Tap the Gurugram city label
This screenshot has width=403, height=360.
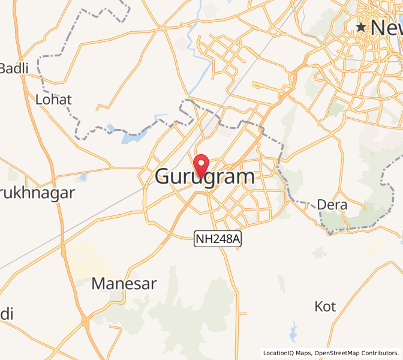click(x=204, y=177)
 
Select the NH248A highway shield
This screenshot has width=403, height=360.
click(x=218, y=239)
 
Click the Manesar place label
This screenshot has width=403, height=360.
click(x=124, y=284)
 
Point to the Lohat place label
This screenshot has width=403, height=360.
click(x=54, y=100)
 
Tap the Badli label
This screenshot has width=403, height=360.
click(x=14, y=68)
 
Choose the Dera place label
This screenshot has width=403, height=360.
click(x=332, y=205)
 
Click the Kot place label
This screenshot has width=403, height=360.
click(x=325, y=307)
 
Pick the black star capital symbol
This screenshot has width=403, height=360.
click(x=362, y=28)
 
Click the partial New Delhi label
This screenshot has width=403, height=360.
click(x=386, y=28)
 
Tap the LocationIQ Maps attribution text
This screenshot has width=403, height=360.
click(x=287, y=353)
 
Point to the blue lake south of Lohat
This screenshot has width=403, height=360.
click(x=131, y=137)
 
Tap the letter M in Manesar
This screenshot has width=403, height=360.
click(x=98, y=284)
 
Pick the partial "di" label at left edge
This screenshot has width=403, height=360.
click(x=6, y=314)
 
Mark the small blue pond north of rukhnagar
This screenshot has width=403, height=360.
click(x=82, y=177)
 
